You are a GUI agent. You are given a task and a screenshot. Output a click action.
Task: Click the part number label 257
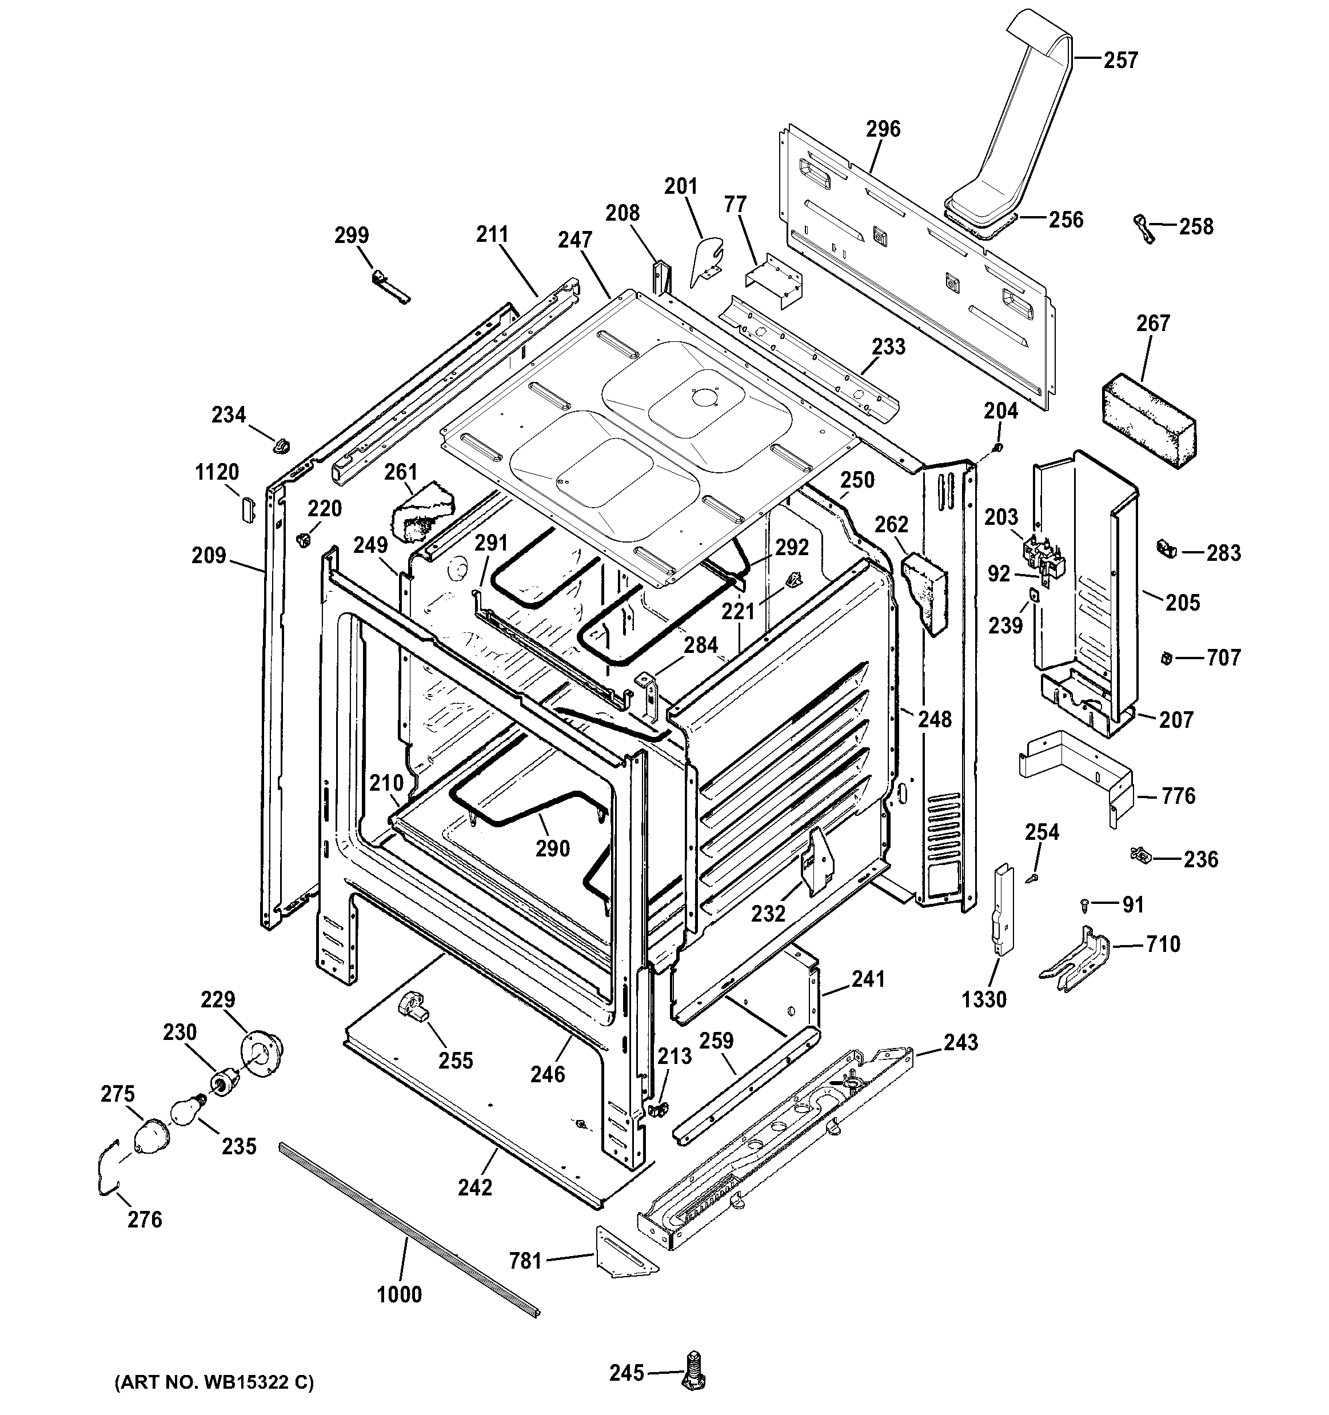coord(1120,60)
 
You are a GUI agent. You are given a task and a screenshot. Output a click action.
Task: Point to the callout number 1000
coord(399,1294)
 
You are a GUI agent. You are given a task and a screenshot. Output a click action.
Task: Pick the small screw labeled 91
coord(1084,904)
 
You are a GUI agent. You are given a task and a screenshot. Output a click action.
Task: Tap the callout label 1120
coord(217,472)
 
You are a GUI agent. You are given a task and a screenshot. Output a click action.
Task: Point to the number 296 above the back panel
coord(883,129)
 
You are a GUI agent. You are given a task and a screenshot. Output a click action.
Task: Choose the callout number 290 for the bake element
coord(553,848)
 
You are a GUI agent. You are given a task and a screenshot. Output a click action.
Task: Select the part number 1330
coord(984,999)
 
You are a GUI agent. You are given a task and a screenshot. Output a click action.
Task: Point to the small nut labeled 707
coord(1166,657)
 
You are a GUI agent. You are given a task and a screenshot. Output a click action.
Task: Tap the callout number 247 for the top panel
coord(575,240)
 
